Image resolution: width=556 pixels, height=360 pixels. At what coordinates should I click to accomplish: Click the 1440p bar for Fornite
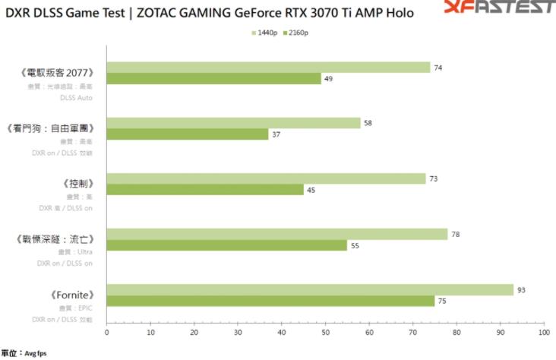tap(310, 290)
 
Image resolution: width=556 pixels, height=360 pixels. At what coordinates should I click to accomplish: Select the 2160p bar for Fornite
tap(270, 302)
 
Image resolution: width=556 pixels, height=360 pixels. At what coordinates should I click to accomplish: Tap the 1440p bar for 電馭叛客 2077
tap(268, 68)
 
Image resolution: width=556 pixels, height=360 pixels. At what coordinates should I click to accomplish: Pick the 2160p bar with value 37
tap(188, 134)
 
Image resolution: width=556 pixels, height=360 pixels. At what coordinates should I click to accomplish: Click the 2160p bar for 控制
tap(205, 190)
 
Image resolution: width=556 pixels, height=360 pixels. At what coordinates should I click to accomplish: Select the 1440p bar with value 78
tap(277, 235)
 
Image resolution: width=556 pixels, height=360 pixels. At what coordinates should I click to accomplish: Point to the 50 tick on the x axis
tap(325, 332)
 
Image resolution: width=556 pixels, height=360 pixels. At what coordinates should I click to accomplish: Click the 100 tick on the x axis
tap(543, 332)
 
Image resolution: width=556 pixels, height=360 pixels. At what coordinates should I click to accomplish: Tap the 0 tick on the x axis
tap(107, 332)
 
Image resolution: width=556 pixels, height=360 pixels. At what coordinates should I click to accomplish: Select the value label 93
tap(521, 289)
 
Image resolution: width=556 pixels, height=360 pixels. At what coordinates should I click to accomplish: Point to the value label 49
tap(329, 79)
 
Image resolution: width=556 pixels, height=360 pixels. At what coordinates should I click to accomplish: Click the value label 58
tap(368, 122)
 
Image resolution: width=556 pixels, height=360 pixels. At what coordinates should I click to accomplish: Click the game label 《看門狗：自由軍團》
tap(50, 128)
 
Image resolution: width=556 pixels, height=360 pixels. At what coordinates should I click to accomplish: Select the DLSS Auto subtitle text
tap(77, 97)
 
